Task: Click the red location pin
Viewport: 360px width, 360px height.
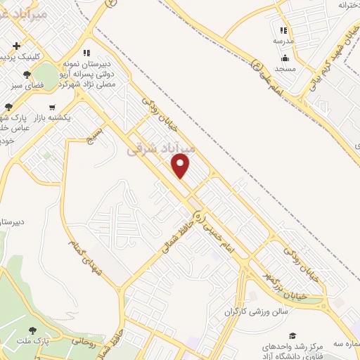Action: pos(181,166)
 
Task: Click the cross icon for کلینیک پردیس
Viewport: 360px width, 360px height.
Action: pos(16,46)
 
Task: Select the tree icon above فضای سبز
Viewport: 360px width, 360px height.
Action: pos(27,73)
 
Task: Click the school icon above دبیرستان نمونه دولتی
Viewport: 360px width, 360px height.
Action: pos(86,52)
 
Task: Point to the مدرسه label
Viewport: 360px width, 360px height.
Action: pos(283,41)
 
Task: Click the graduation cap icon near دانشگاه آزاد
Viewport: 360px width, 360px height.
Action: pos(292,335)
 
